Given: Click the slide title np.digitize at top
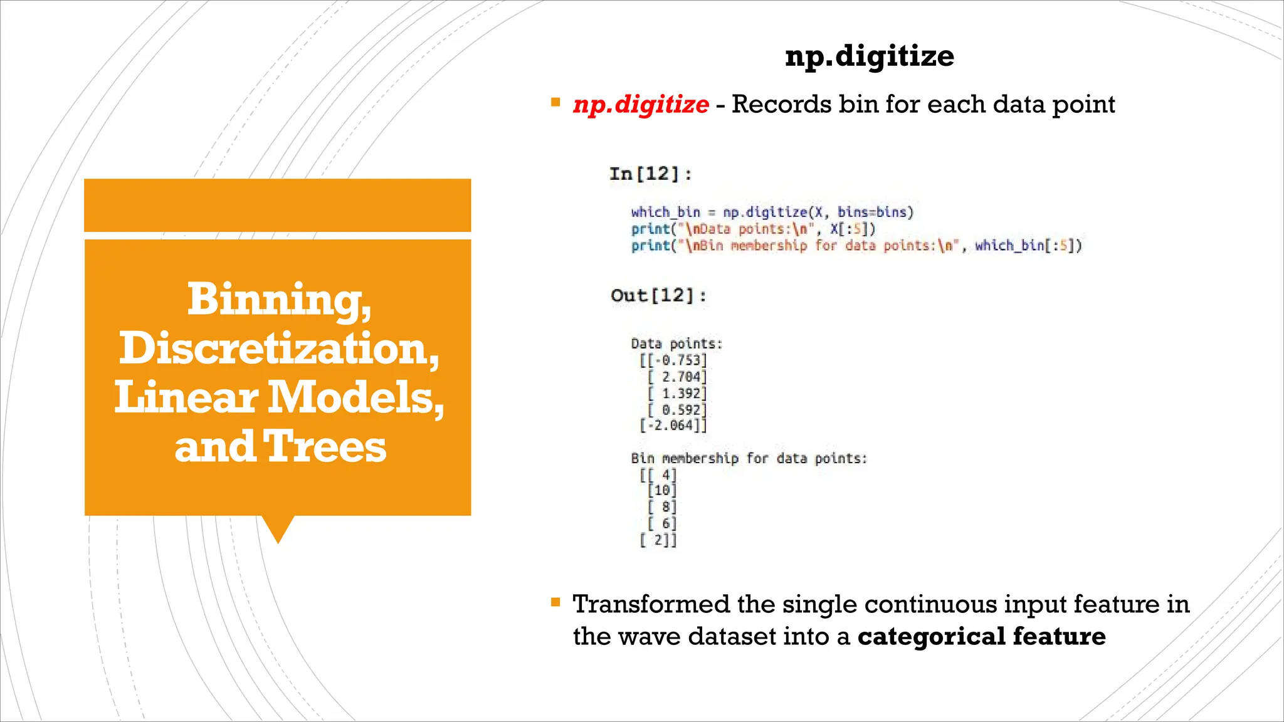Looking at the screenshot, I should [869, 56].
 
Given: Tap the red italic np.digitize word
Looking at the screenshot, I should [640, 105].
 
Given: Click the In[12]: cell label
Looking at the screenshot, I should [650, 174].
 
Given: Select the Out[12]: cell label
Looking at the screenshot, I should [658, 295].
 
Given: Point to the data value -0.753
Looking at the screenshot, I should [676, 360].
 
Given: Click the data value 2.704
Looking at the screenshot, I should [680, 377].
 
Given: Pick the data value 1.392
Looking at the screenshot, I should [680, 394].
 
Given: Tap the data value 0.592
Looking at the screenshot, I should [680, 410].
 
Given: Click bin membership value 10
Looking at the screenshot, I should [663, 490].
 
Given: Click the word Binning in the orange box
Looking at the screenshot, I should [279, 300].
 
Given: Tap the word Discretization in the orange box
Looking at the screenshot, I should [279, 348].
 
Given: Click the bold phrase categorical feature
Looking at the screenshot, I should [981, 636].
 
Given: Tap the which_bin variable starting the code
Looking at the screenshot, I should [665, 212].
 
